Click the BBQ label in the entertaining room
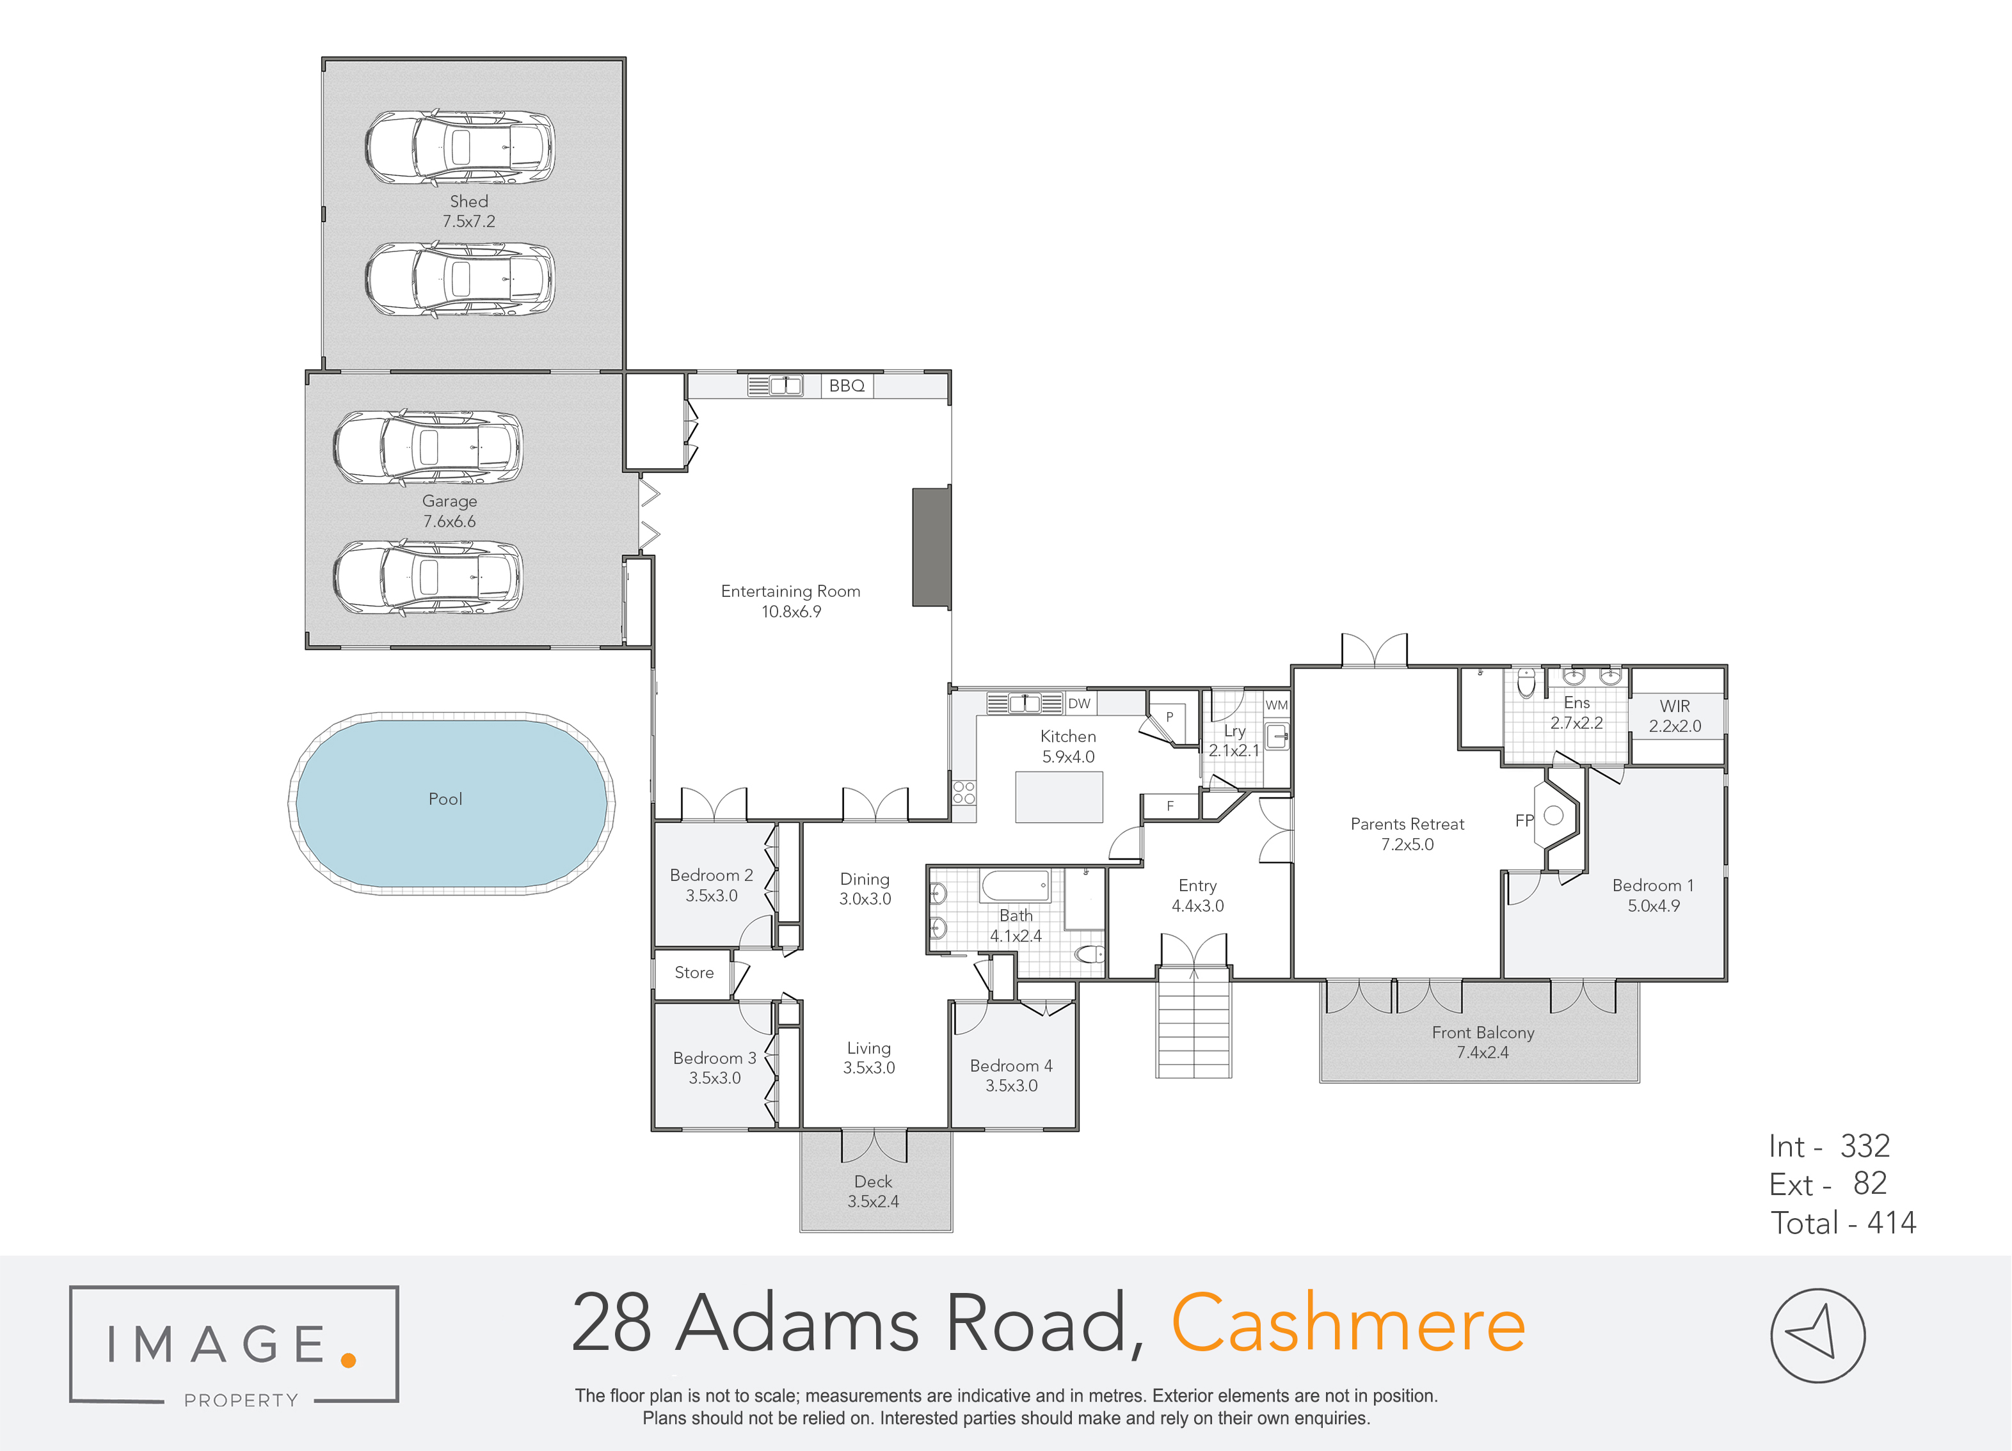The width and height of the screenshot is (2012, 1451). [x=846, y=386]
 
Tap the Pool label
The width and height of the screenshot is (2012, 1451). [x=445, y=799]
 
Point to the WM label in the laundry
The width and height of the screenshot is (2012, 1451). [x=1277, y=705]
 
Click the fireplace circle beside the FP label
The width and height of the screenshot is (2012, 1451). [x=1553, y=815]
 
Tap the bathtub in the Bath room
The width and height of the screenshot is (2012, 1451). [x=1015, y=886]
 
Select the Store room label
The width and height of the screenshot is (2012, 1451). [x=694, y=973]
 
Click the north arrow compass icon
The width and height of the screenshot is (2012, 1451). [x=1817, y=1335]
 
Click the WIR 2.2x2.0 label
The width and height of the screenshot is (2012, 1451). [x=1675, y=716]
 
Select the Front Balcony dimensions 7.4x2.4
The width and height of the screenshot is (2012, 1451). [x=1482, y=1053]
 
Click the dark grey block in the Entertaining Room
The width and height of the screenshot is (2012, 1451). [x=932, y=547]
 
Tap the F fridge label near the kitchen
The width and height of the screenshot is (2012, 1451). [x=1170, y=806]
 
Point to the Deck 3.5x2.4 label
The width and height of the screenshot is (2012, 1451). [x=873, y=1191]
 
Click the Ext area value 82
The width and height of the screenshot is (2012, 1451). [x=1870, y=1183]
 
